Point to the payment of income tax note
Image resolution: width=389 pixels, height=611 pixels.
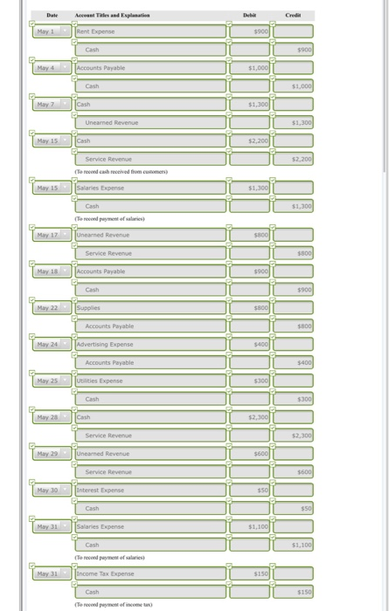tap(117, 604)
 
